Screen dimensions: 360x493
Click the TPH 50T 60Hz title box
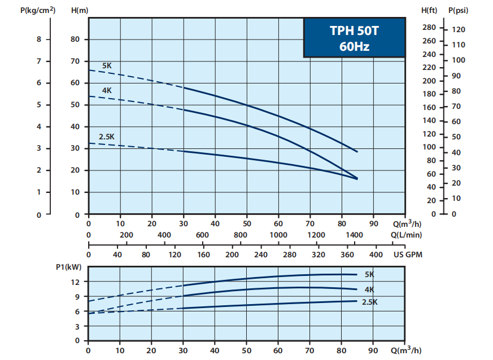click(x=354, y=38)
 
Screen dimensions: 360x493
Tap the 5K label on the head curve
click(x=107, y=66)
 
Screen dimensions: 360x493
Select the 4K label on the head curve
click(x=107, y=90)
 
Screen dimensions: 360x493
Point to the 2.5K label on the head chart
click(x=107, y=136)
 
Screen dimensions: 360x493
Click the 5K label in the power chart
click(x=369, y=275)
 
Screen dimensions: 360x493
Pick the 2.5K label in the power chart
click(x=369, y=302)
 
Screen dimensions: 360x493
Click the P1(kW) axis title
click(x=67, y=267)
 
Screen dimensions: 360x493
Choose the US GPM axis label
click(x=408, y=254)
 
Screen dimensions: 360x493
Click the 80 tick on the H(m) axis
click(x=76, y=39)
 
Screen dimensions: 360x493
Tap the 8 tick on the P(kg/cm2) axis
click(x=39, y=39)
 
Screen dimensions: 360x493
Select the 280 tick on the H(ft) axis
click(x=429, y=28)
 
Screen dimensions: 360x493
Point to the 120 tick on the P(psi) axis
click(x=459, y=29)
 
